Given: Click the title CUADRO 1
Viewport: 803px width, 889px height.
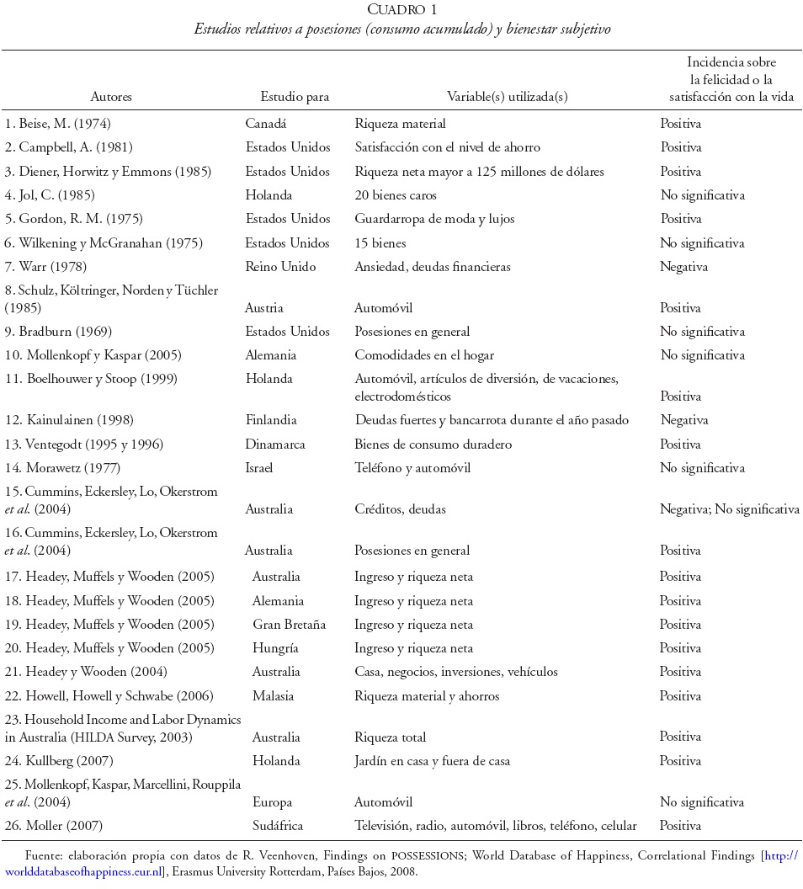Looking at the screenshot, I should tap(401, 9).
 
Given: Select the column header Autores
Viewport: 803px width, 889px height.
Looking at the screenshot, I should tap(111, 97).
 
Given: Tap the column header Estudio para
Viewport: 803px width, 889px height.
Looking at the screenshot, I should tap(295, 97).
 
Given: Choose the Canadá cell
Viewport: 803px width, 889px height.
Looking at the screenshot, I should tap(266, 124).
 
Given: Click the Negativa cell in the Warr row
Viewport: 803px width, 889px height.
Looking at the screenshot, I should tap(683, 267).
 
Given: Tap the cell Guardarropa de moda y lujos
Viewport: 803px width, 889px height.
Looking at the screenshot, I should tap(433, 219).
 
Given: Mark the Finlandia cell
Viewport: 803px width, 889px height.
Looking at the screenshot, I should tap(272, 420).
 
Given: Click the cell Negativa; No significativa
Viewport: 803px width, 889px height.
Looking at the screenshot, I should tap(730, 509).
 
